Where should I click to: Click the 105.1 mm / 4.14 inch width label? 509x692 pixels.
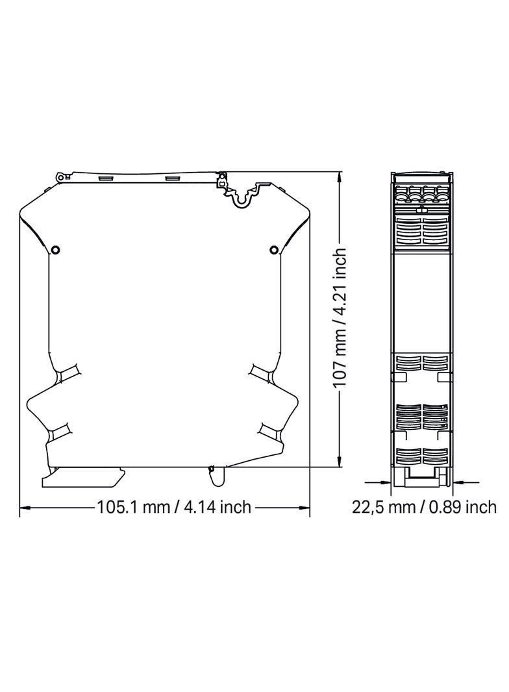pos(174,506)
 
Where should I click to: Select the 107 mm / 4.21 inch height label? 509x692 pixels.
pos(340,317)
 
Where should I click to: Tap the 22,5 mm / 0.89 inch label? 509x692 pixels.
pos(424,506)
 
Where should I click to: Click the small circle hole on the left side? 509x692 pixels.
pos(55,250)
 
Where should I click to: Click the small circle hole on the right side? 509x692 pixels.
pos(274,250)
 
